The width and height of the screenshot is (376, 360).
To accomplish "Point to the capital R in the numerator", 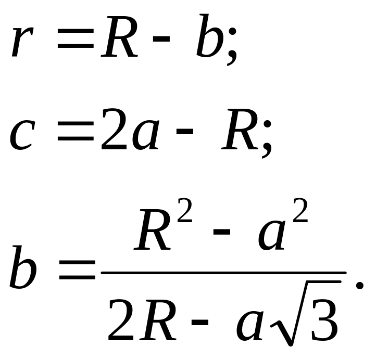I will [x=154, y=229].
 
